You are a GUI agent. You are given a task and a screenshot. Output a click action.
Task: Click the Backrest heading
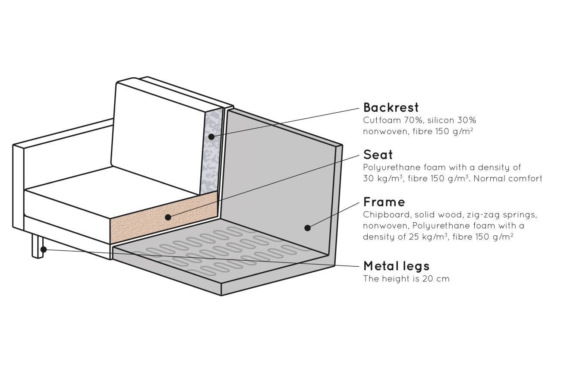(x=391, y=107)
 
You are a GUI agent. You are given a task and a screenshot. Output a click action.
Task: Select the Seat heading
(x=378, y=155)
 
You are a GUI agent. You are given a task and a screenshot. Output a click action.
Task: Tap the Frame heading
(x=384, y=202)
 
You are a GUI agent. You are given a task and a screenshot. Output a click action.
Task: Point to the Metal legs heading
(x=396, y=265)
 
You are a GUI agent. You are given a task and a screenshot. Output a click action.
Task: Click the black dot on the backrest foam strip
(x=211, y=137)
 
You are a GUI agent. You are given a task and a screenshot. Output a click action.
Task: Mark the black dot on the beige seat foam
(x=168, y=217)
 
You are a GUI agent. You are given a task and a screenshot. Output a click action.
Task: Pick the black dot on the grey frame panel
(x=307, y=227)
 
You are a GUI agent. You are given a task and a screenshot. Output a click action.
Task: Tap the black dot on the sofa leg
(x=43, y=249)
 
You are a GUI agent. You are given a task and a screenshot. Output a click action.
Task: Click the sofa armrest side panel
(x=18, y=186)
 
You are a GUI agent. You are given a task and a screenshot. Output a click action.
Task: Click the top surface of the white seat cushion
(x=108, y=190)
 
